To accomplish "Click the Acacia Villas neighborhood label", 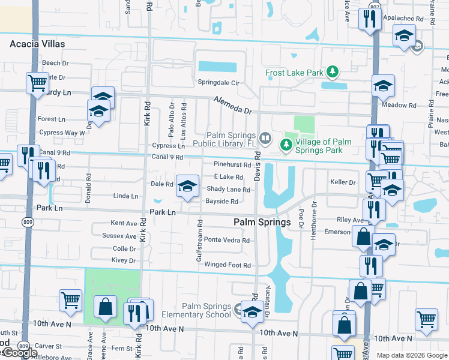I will [37, 44].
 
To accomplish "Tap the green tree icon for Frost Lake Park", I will [332, 73].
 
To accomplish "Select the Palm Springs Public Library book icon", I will [267, 139].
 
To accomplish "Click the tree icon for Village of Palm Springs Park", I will [286, 145].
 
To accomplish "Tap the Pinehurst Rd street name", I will [232, 164].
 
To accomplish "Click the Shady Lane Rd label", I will [228, 190].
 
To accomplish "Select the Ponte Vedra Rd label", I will [227, 240].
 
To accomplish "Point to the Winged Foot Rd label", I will [228, 265].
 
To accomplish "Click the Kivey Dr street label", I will [124, 260].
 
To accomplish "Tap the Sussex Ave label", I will [119, 236].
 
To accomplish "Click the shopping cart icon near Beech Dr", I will [37, 82].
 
